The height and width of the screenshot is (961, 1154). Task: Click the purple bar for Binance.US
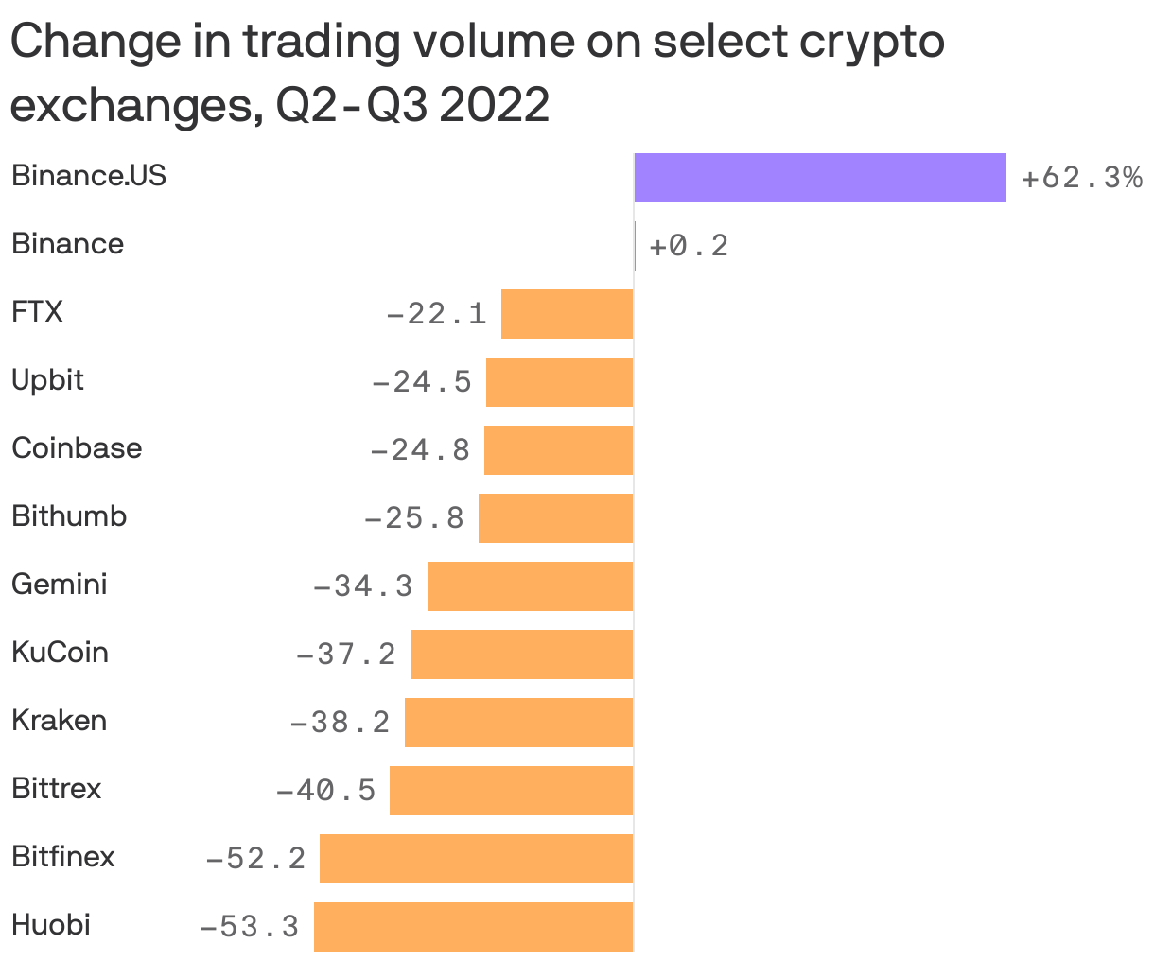tap(820, 178)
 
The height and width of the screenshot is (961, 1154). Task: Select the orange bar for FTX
tap(567, 314)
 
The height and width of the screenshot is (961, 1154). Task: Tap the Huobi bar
tap(473, 926)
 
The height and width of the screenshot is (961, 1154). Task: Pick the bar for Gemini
tap(530, 586)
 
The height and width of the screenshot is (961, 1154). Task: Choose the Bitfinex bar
tap(476, 858)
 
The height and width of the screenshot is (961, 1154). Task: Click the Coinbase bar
tap(558, 450)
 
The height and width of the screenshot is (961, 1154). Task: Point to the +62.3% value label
tap(1081, 178)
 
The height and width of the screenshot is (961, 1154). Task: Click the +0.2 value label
tap(689, 246)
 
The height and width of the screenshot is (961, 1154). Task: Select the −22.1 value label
tap(436, 313)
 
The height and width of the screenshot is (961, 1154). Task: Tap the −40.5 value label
tap(325, 790)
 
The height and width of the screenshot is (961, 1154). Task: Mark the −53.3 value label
tap(249, 926)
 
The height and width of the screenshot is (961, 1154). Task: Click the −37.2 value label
tap(346, 654)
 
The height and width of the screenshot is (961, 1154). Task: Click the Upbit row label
tap(47, 380)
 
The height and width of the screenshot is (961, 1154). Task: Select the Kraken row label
tap(59, 721)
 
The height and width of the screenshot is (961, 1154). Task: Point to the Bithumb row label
tap(69, 516)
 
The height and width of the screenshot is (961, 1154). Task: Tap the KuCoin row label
tap(60, 653)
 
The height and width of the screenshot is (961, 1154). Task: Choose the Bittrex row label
tap(56, 789)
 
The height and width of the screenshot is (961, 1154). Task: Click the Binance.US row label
tap(89, 176)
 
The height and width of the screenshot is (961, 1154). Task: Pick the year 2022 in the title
tap(494, 106)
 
